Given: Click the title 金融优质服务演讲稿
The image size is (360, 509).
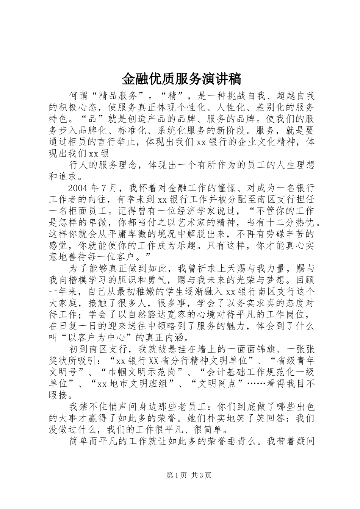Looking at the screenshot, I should coord(181,79).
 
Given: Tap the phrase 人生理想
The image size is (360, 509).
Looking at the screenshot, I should coord(285,165).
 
